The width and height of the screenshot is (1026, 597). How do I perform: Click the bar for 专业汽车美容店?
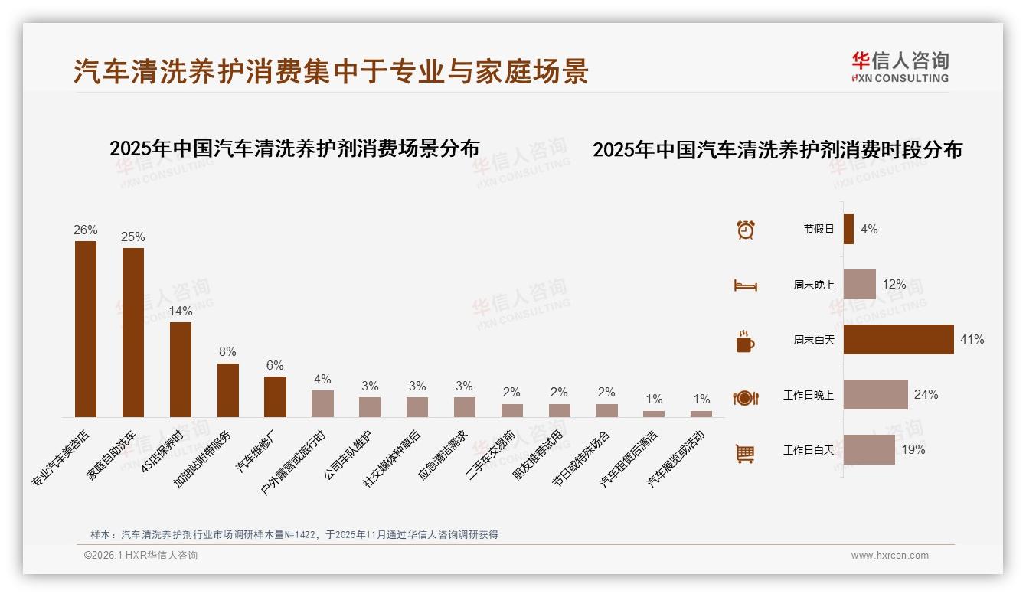(x=86, y=329)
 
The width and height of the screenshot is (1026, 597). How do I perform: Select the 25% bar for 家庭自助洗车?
(x=133, y=332)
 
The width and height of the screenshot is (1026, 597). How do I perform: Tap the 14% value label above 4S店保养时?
(x=181, y=312)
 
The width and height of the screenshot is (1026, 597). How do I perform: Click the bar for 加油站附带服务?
(x=228, y=390)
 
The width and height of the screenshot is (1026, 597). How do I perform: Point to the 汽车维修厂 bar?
(x=275, y=396)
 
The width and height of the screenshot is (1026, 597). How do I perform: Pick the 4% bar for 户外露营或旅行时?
(x=322, y=403)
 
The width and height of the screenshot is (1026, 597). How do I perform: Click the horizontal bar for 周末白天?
(x=899, y=339)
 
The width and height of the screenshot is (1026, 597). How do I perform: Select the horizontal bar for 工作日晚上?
(x=876, y=394)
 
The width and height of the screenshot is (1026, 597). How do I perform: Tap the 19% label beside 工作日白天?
(x=913, y=450)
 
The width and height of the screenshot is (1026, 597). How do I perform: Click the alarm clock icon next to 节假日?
(x=745, y=229)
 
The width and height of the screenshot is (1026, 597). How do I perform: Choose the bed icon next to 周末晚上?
(x=745, y=285)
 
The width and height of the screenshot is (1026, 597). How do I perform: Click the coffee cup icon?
(x=745, y=341)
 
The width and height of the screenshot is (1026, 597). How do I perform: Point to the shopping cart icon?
(x=745, y=453)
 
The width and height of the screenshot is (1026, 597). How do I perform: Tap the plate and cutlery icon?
(x=745, y=397)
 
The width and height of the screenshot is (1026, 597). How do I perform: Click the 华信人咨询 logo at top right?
(x=900, y=67)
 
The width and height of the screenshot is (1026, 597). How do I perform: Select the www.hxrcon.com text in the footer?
(x=890, y=556)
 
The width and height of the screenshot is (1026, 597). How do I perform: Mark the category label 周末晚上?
(x=813, y=285)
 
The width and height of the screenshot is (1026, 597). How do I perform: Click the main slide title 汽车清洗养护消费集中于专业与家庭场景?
(x=331, y=71)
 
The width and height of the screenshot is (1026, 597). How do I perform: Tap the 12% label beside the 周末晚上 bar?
(x=894, y=285)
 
